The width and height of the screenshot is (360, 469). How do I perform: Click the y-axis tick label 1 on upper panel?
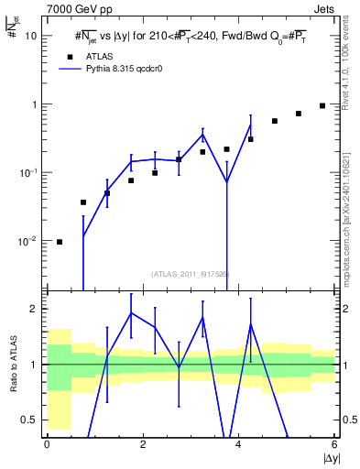[35, 104]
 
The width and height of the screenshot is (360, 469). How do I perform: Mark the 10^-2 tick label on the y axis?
[29, 241]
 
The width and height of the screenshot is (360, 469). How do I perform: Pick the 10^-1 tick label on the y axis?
[29, 172]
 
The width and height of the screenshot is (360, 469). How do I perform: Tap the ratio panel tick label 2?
[35, 309]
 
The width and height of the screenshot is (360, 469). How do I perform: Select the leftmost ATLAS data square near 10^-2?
[60, 242]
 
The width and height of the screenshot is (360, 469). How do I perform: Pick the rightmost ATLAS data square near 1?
[322, 105]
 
